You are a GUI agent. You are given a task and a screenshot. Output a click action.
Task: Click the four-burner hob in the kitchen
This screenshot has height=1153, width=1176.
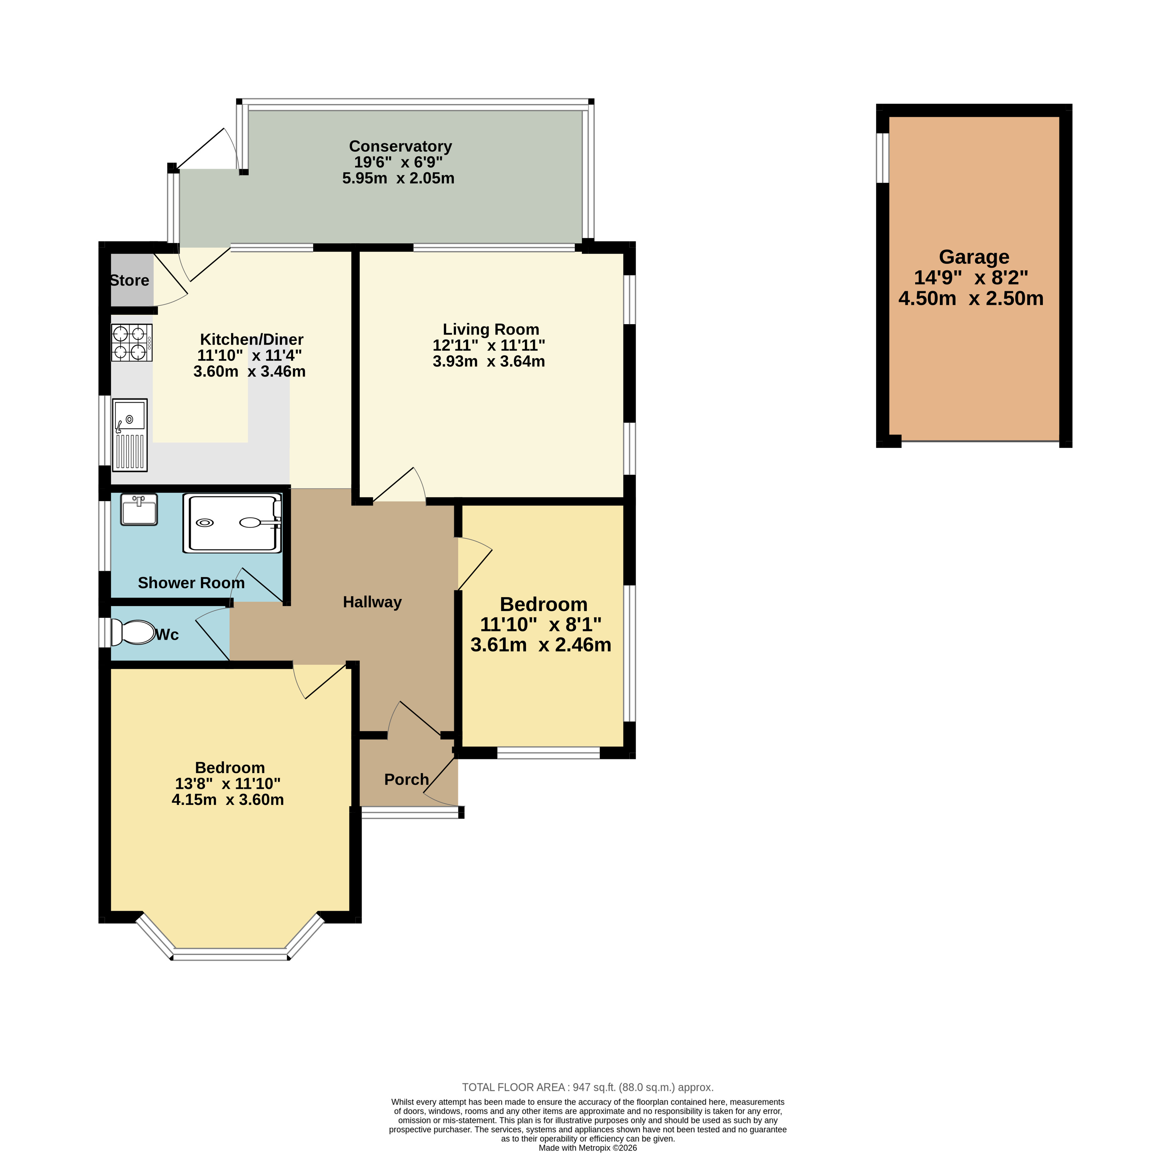[131, 343]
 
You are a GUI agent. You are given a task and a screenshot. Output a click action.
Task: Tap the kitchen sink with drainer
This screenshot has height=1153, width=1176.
[129, 435]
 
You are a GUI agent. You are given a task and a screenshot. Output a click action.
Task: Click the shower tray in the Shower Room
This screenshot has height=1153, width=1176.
[232, 523]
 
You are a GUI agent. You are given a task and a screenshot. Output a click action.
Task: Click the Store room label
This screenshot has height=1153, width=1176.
[129, 281]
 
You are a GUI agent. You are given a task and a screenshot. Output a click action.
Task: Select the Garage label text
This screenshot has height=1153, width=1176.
[974, 257]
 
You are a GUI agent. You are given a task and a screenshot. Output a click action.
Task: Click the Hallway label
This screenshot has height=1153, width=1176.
[372, 602]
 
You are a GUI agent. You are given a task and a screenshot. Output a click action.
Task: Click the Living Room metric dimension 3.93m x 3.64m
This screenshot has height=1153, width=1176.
[489, 361]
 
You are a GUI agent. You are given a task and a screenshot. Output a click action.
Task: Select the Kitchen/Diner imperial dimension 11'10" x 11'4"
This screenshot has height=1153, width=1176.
[249, 355]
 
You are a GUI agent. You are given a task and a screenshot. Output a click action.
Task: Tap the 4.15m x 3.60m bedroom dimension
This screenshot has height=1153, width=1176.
[228, 800]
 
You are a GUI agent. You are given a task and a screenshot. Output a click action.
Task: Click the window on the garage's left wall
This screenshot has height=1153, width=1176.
[883, 157]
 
